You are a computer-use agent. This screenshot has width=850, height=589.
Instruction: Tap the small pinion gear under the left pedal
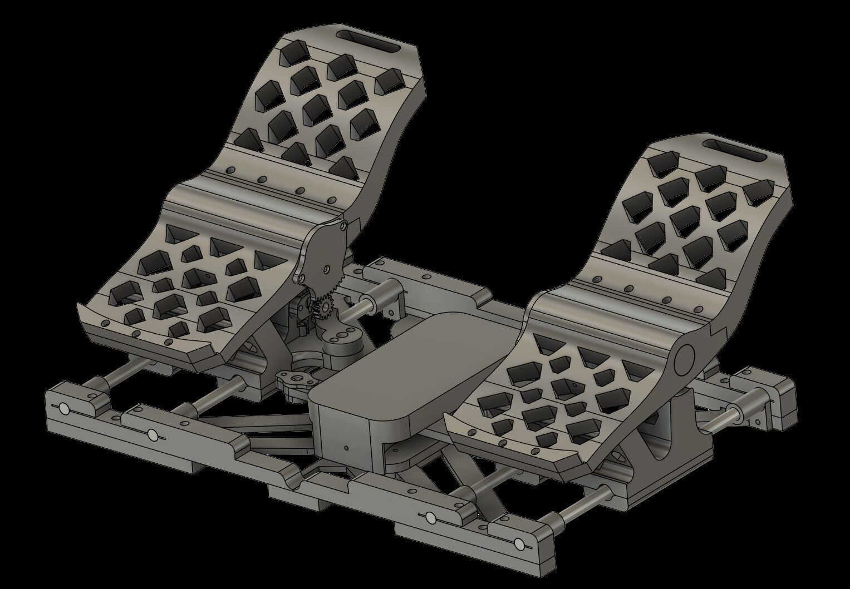coord(322,307)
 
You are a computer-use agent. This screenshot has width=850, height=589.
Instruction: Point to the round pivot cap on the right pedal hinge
coord(683,360)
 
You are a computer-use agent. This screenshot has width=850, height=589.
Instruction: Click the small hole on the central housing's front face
coord(346,447)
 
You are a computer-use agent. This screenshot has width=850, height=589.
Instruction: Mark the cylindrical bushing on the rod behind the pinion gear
coord(384,289)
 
